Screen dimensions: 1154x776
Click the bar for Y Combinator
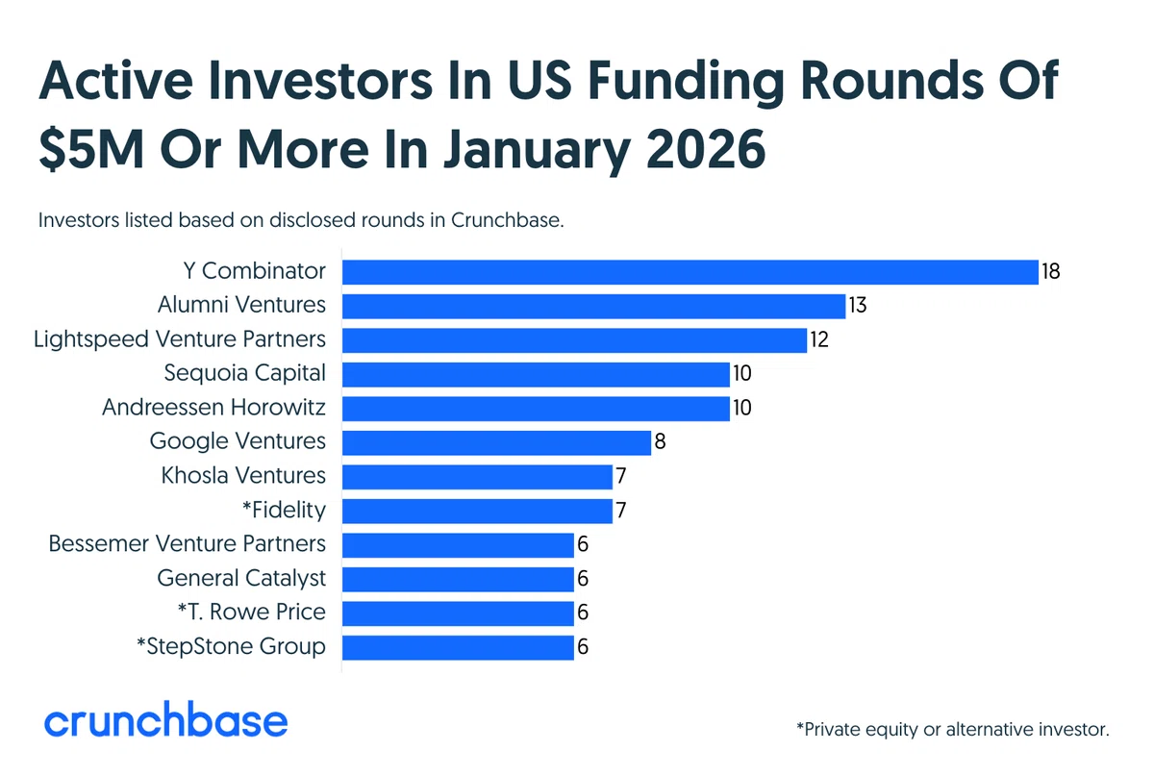[x=690, y=272]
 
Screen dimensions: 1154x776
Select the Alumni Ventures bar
[x=594, y=306]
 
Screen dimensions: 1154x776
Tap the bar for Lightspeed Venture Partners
[x=574, y=340]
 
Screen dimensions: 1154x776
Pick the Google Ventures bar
[x=496, y=442]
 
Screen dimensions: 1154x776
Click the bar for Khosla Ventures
[x=478, y=477]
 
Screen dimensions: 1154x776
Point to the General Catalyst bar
[x=458, y=579]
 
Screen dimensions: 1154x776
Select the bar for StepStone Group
[x=458, y=648]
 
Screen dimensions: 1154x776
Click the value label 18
[x=1050, y=271]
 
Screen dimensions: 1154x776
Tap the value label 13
[x=857, y=306]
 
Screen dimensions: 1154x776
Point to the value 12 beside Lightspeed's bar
[x=819, y=339]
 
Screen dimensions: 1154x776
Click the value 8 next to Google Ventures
[x=660, y=441]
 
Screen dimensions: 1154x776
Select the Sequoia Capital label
[x=244, y=373]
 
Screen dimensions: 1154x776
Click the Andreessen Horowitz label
[x=213, y=407]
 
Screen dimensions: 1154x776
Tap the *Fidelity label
[x=284, y=510]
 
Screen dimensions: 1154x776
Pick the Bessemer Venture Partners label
[x=187, y=543]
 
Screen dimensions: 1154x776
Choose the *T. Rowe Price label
[x=251, y=613]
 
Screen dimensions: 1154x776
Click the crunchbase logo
[x=165, y=719]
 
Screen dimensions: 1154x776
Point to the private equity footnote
[x=953, y=730]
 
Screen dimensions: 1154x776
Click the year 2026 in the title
[x=706, y=149]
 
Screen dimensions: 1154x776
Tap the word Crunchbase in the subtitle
[x=508, y=220]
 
